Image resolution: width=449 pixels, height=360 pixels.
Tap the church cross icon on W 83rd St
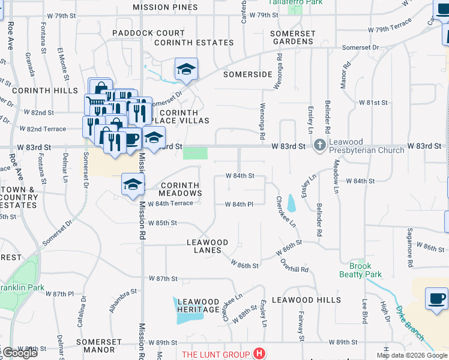point(320,145)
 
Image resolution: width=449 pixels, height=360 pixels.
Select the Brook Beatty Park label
point(365,270)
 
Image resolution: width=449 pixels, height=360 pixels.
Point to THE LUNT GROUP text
point(216,354)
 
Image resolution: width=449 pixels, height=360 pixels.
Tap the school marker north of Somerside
point(186,70)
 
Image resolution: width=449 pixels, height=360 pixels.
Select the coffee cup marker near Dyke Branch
point(436,299)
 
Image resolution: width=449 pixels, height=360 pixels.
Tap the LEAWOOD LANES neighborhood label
point(208,247)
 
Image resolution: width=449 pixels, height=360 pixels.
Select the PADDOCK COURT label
point(149,33)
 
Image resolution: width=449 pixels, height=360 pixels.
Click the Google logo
point(20,352)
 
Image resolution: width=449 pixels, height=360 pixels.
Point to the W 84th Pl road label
point(240,205)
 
